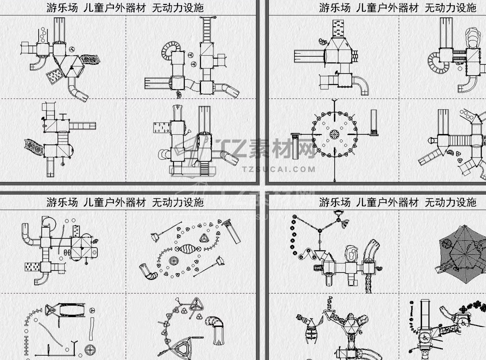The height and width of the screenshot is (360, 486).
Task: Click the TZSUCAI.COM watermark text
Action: click(279, 169)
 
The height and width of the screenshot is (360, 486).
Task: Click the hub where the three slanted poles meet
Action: click(320, 231)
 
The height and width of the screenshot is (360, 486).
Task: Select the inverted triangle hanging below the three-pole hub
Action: click(320, 254)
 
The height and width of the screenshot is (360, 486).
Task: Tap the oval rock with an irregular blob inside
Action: click(352, 253)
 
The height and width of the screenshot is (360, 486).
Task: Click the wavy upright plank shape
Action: click(92, 329)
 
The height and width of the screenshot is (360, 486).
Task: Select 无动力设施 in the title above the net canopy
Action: click(450, 202)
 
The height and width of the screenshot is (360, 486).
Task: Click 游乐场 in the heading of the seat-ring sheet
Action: click(335, 8)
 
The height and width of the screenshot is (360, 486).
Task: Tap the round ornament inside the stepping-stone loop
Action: click(173, 261)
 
